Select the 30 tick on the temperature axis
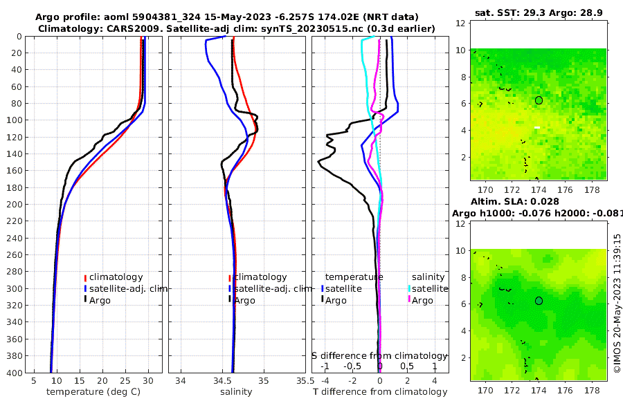tap(148, 381)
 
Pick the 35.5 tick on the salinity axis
tap(302, 381)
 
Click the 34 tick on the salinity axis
tap(182, 381)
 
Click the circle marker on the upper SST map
tap(539, 100)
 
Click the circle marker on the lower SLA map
tap(539, 301)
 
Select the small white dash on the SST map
tap(536, 127)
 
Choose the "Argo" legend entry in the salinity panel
tap(244, 300)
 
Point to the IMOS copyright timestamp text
tap(617, 302)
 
